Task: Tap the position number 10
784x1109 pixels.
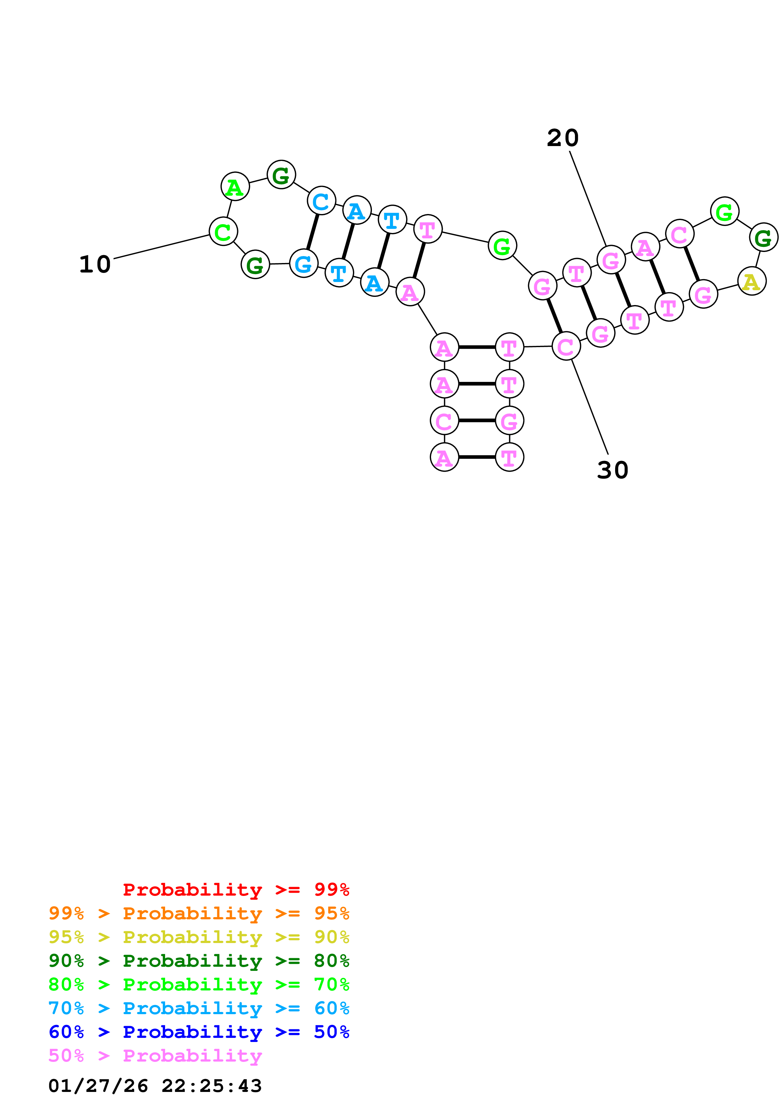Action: [95, 264]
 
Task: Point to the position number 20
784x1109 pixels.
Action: [563, 138]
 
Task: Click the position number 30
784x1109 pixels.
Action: [613, 470]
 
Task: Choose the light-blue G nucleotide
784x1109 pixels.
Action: [303, 264]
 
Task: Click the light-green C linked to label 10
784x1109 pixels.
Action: [223, 231]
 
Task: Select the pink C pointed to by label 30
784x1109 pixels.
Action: [566, 346]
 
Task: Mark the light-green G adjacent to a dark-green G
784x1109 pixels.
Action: [725, 211]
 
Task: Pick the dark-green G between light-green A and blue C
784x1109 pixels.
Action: [281, 175]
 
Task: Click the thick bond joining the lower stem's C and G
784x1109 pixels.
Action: [477, 421]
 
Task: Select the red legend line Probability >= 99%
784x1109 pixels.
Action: [236, 890]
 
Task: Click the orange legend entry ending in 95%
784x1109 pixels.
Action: [199, 913]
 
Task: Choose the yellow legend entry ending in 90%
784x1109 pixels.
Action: [199, 937]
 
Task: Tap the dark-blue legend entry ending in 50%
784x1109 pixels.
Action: [199, 1032]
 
